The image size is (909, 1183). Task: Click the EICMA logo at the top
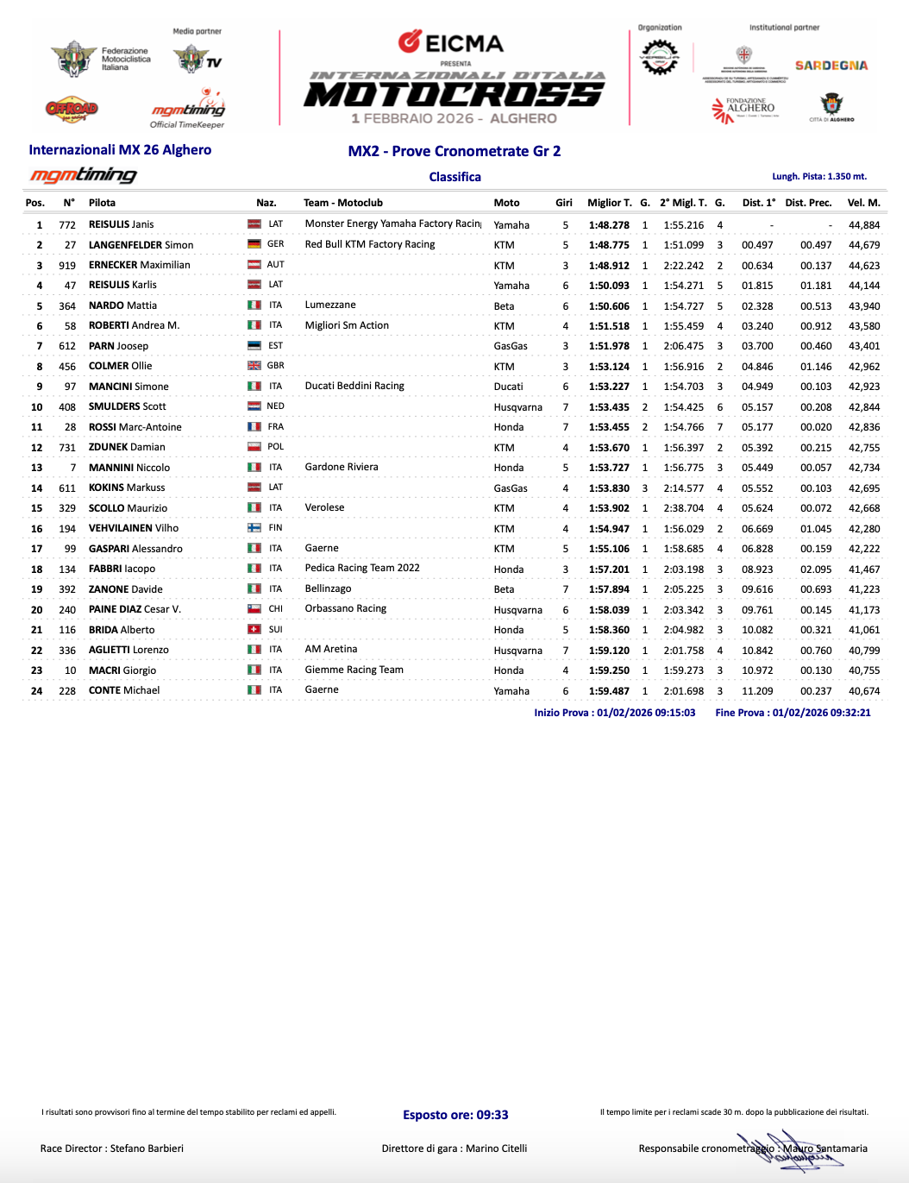451,42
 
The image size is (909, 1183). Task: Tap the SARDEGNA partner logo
831,66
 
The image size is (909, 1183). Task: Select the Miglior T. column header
609,203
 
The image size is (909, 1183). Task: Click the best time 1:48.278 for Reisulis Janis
609,224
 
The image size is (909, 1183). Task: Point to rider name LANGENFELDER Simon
141,245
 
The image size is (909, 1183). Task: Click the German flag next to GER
254,244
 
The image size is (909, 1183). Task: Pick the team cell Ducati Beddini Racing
354,386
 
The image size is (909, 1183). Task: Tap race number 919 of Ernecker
67,265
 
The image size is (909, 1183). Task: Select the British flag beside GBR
254,366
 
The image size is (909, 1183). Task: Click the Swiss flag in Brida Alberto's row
254,630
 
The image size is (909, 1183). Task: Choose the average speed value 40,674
864,691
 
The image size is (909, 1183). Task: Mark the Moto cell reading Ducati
508,387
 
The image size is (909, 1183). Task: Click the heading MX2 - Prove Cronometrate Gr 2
454,151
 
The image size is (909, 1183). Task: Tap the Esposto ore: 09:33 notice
455,1115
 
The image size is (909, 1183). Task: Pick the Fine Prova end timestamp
793,713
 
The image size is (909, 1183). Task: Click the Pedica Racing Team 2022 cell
362,568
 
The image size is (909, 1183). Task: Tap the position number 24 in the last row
37,691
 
